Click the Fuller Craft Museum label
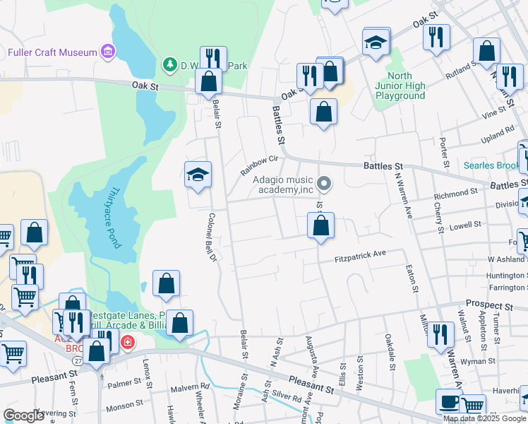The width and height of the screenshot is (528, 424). click(52, 52)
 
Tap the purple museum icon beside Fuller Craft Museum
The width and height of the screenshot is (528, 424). click(107, 52)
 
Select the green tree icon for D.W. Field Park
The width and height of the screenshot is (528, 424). click(169, 66)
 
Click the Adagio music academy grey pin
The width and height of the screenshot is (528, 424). click(324, 184)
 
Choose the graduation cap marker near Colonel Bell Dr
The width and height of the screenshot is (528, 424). click(198, 175)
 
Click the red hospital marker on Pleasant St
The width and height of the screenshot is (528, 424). click(127, 343)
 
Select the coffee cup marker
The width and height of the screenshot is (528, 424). click(449, 401)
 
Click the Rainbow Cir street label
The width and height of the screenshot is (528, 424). click(255, 165)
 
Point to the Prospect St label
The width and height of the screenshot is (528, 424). click(489, 305)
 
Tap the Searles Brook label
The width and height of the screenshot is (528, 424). click(491, 166)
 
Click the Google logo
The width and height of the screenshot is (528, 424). click(23, 416)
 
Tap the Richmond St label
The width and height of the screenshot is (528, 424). click(457, 194)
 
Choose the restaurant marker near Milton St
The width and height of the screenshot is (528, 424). click(440, 334)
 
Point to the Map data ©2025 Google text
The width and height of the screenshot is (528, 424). click(484, 418)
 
